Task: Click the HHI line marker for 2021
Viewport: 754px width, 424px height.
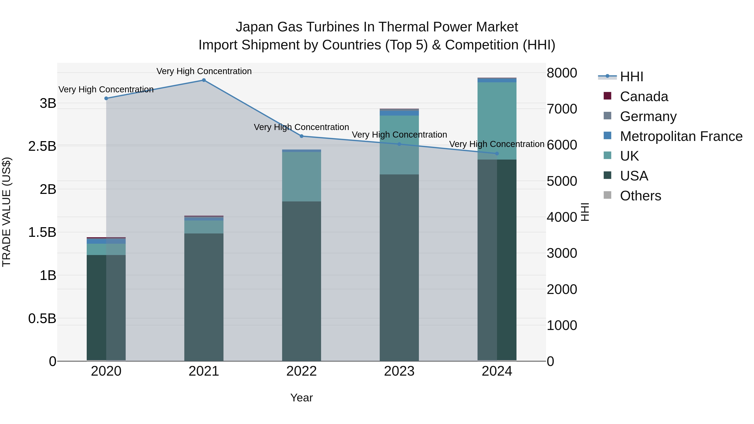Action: coord(204,80)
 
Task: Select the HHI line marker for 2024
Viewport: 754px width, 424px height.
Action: coord(497,154)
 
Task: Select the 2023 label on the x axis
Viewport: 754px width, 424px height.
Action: coord(399,371)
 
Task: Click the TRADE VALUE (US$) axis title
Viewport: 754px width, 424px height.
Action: coord(6,212)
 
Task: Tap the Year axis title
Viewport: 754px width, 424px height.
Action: coord(301,398)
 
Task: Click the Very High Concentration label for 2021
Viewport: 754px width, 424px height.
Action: coord(204,71)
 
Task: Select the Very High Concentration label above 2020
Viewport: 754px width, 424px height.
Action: coord(106,89)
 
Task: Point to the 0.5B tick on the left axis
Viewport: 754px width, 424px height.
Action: coord(42,318)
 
